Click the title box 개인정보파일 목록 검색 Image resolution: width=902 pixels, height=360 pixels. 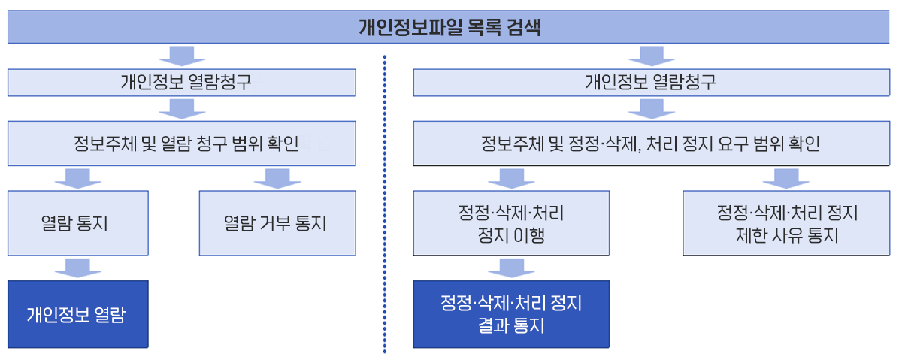[448, 26]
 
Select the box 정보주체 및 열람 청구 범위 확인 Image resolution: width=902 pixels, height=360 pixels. [182, 144]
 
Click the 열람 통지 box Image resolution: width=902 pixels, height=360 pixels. [78, 223]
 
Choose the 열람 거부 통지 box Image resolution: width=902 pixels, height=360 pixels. [277, 223]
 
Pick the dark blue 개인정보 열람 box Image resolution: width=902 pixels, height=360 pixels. [78, 314]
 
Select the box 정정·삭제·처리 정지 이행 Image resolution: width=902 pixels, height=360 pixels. [511, 223]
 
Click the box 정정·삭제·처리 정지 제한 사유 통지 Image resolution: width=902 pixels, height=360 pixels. [786, 223]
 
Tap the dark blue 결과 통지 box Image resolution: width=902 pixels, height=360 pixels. [511, 314]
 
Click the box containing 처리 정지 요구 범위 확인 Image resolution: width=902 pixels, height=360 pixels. [652, 144]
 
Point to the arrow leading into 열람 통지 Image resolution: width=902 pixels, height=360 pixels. [78, 178]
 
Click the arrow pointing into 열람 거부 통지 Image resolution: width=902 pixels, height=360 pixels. [277, 178]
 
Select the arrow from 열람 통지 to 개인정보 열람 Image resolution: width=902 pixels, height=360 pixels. [78, 268]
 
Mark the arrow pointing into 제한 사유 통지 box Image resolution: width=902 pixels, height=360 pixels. [786, 178]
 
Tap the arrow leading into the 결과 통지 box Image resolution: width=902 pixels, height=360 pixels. [511, 268]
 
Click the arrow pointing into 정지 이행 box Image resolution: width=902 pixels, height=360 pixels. [511, 178]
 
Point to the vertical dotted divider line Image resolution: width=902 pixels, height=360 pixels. [385, 204]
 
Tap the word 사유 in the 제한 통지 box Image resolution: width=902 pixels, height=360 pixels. [787, 235]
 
